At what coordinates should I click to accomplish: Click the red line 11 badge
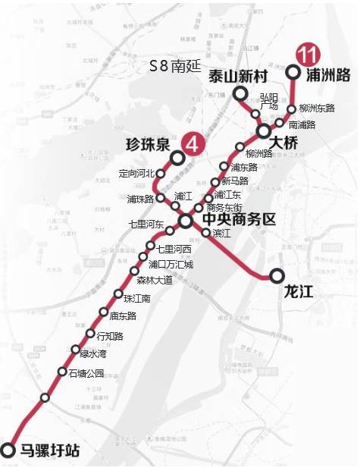point(308,55)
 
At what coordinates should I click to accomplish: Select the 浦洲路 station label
point(328,74)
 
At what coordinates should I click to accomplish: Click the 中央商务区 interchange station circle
point(186,221)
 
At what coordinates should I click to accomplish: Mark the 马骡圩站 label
point(49,451)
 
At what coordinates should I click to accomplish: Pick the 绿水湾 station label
point(95,353)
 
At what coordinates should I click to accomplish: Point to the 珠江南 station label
point(138,298)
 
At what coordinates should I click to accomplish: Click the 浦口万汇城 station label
point(171,265)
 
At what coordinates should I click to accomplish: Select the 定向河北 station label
point(136,173)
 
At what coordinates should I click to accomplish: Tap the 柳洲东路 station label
point(317,108)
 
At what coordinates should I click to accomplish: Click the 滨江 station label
point(222,233)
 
